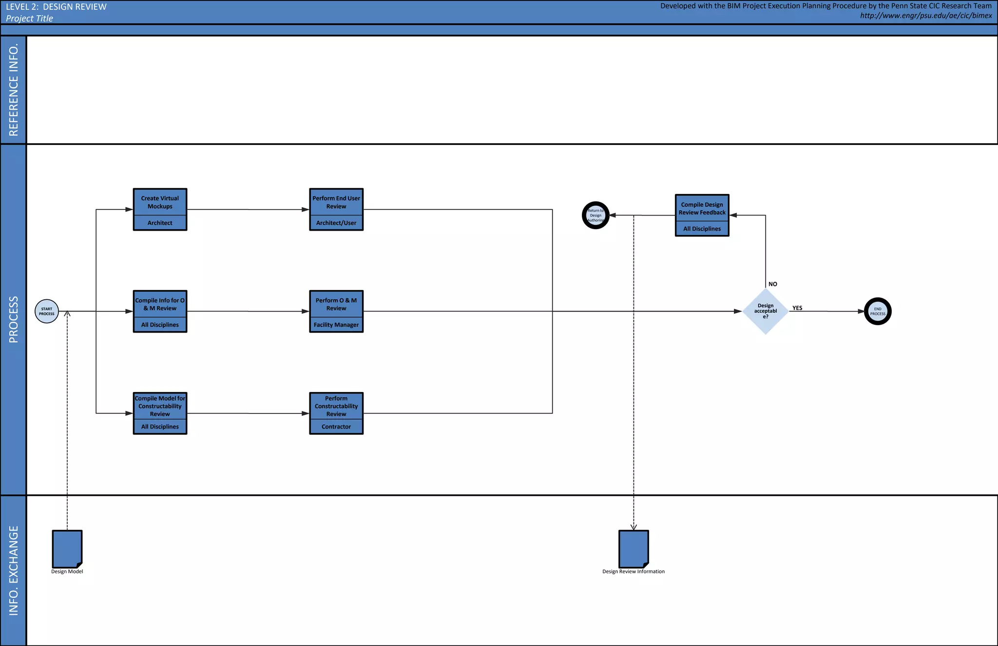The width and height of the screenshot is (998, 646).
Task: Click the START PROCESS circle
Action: click(x=47, y=311)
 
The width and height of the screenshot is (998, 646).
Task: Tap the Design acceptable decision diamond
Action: click(x=765, y=311)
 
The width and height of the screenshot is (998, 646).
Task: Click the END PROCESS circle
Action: click(x=877, y=311)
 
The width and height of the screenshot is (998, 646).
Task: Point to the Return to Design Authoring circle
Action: click(x=595, y=215)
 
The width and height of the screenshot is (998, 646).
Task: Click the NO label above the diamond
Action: click(x=772, y=284)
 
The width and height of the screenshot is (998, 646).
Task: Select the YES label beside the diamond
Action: click(x=797, y=308)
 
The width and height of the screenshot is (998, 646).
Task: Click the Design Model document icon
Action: click(x=67, y=548)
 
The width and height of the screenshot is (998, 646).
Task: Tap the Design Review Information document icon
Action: click(x=633, y=548)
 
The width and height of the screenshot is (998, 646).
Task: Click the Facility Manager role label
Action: click(x=336, y=325)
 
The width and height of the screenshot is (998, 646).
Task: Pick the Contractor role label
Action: click(x=336, y=427)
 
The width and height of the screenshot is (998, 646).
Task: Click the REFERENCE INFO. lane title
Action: click(x=14, y=90)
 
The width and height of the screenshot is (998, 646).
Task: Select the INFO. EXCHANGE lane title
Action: click(x=14, y=570)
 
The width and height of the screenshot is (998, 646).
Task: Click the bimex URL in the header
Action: click(x=926, y=16)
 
